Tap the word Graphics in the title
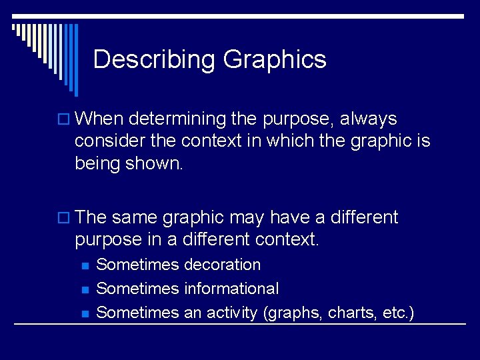pyautogui.click(x=275, y=60)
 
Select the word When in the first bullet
pyautogui.click(x=100, y=119)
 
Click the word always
pyautogui.click(x=368, y=119)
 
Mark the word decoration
pyautogui.click(x=222, y=265)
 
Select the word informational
pyautogui.click(x=231, y=289)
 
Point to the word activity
pyautogui.click(x=234, y=313)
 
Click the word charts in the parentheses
pyautogui.click(x=356, y=313)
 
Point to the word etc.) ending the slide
pyautogui.click(x=399, y=313)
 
